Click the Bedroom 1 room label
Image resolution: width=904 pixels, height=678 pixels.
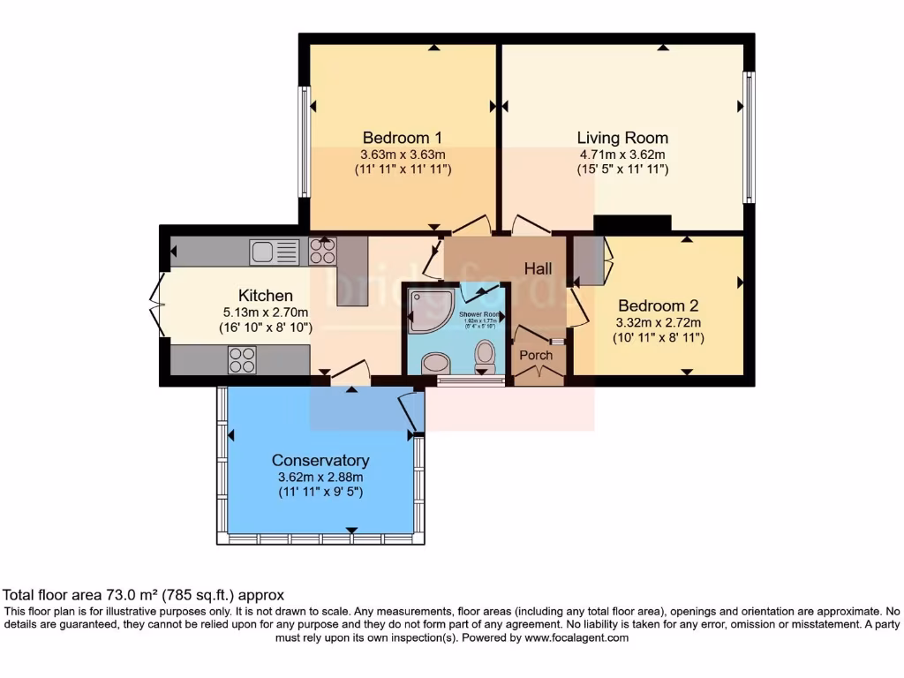point(402,138)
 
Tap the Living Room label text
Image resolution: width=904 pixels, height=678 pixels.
point(622,138)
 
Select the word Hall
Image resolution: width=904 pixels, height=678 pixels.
point(538,267)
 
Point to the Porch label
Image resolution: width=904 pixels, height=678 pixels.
point(536,355)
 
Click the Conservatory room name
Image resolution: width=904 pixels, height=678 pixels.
point(320,460)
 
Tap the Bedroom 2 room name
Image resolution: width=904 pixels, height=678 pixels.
point(658,305)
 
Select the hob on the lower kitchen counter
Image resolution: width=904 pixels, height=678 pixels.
point(242,359)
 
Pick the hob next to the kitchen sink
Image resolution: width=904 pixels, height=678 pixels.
point(322,252)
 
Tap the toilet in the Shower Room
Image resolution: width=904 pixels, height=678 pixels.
point(485,355)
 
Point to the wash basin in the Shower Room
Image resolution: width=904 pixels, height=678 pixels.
point(434,363)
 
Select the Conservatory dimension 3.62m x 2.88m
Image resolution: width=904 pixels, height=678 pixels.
point(320,477)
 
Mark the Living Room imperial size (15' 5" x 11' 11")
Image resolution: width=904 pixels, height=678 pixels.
point(622,169)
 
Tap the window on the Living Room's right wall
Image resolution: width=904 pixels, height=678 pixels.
point(750,137)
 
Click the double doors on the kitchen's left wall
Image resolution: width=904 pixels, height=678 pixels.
point(159,304)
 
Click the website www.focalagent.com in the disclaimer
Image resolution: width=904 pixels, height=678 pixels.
point(576,637)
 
